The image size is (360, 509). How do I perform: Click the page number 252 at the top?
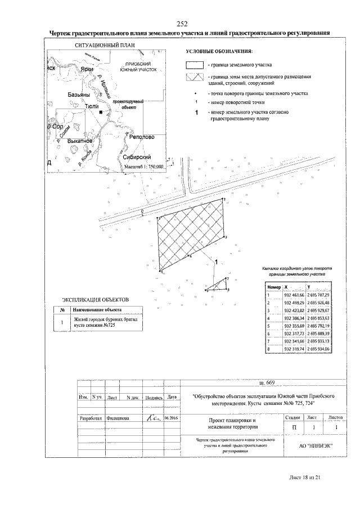point(182,23)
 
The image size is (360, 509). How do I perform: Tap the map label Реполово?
point(141,137)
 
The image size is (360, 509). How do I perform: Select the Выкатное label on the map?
point(79,141)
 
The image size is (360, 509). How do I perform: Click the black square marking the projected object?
point(100,112)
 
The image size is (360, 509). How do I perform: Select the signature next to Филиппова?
point(152,417)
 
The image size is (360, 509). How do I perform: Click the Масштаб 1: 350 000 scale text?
point(142,166)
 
